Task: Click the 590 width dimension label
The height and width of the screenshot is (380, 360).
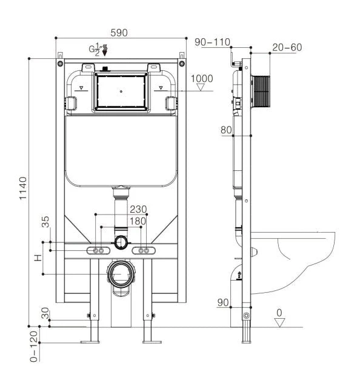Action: [x=119, y=33]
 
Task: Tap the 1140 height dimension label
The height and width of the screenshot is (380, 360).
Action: [x=23, y=190]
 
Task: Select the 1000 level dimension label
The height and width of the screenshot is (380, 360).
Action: [x=202, y=79]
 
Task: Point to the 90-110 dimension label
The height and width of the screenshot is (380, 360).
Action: [x=213, y=42]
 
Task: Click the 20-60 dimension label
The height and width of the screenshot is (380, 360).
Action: [x=287, y=47]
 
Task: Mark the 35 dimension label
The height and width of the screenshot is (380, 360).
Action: [x=45, y=222]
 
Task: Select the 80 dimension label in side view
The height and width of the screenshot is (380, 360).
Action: [x=226, y=130]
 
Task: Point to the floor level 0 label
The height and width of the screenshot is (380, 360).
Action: [x=279, y=313]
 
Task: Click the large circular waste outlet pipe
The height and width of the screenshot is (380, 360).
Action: [x=121, y=274]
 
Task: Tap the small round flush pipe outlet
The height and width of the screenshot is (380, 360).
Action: [x=122, y=242]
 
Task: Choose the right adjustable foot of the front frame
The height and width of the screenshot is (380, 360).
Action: [x=148, y=330]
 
